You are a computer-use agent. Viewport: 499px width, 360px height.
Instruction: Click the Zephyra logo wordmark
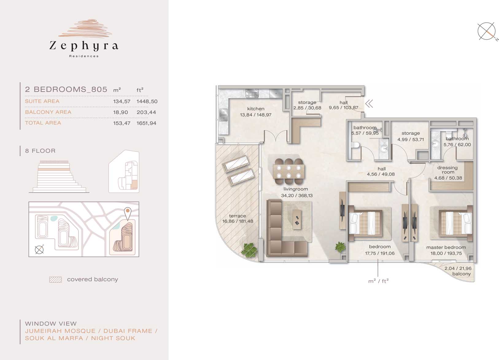(83, 46)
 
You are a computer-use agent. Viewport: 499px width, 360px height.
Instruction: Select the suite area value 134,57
(122, 101)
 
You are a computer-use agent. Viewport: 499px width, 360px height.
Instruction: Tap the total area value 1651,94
(146, 123)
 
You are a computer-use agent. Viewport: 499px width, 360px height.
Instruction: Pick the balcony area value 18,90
(121, 112)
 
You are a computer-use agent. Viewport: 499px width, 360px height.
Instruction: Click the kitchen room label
(256, 109)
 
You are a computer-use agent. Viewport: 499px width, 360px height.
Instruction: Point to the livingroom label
(296, 189)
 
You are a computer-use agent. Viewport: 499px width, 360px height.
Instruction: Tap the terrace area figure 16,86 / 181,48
(238, 221)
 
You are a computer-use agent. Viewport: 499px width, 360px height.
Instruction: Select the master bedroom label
(446, 247)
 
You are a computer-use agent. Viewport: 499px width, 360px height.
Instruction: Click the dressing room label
(447, 170)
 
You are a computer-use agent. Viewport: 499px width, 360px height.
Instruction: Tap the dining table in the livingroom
(289, 171)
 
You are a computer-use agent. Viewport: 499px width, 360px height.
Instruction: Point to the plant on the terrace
(249, 250)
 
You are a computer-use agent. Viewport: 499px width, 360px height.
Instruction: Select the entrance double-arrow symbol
(369, 104)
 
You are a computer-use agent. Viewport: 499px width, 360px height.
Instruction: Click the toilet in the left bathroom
(355, 145)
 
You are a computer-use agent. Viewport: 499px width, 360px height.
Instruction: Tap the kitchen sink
(223, 114)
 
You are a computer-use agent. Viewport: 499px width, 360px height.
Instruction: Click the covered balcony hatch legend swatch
(56, 280)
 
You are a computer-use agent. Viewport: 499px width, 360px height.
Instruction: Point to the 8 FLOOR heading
(40, 151)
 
